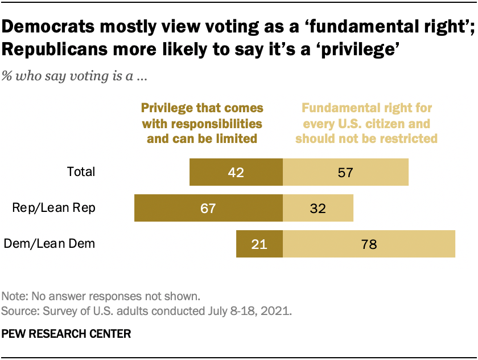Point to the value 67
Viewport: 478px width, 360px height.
pos(208,208)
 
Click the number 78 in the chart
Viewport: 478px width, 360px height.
pos(369,244)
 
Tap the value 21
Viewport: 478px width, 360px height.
pos(259,244)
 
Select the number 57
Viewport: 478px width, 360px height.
pos(345,172)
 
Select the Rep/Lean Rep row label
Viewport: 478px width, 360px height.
pos(54,208)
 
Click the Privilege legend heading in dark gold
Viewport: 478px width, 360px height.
pos(202,122)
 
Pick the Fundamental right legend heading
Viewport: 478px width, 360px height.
pos(366,122)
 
